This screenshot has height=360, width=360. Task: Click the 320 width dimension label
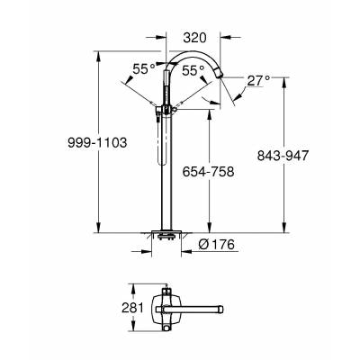[195, 38]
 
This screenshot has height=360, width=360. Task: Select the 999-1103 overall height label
[97, 143]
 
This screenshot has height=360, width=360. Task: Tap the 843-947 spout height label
[283, 156]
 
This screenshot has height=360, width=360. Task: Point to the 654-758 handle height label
[208, 172]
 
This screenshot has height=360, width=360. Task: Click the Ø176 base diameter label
[216, 245]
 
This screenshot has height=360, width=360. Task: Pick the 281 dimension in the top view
[132, 308]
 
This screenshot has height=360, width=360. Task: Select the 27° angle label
[258, 81]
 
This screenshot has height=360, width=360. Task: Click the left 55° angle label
[144, 69]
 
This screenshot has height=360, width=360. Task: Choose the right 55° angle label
[193, 71]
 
